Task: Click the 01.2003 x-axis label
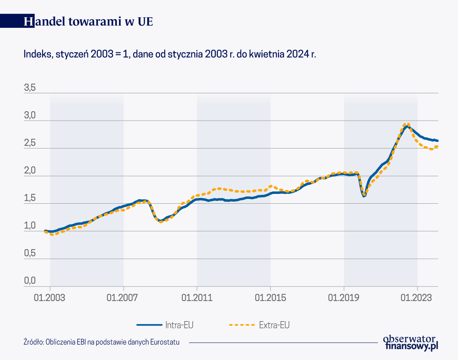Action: click(x=50, y=297)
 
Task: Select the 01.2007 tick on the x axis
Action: click(x=123, y=297)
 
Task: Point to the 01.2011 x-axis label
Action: click(x=197, y=297)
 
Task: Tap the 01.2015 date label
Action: click(x=270, y=297)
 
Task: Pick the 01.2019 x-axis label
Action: click(x=344, y=297)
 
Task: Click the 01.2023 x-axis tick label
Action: click(x=417, y=297)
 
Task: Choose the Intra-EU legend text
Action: click(x=180, y=325)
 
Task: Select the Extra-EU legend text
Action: click(x=274, y=325)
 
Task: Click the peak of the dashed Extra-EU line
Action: click(x=406, y=124)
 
